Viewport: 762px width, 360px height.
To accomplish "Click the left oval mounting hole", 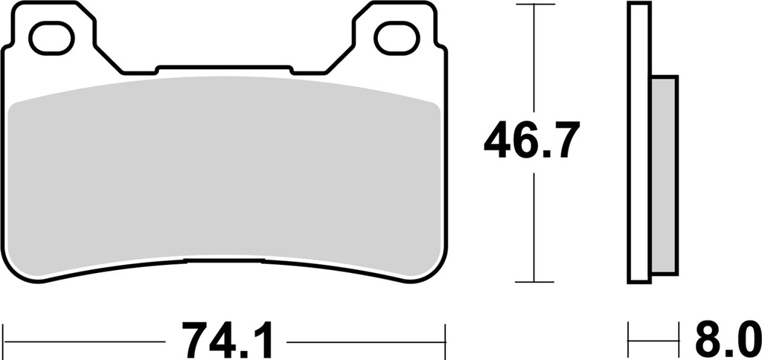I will click(x=56, y=39).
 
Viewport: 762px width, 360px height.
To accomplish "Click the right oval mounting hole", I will click(x=393, y=39).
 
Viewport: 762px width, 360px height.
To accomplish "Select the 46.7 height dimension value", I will click(x=530, y=141).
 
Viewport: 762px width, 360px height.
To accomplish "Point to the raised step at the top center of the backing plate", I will click(x=223, y=68).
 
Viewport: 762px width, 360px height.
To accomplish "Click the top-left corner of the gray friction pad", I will click(x=16, y=105).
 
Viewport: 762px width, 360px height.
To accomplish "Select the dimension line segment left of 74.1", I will click(x=86, y=343).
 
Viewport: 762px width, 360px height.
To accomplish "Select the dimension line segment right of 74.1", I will click(x=365, y=343).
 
